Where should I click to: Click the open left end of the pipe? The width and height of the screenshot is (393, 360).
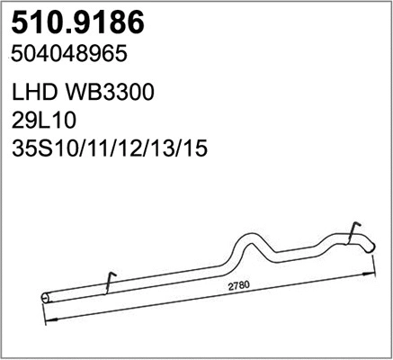(46, 295)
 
